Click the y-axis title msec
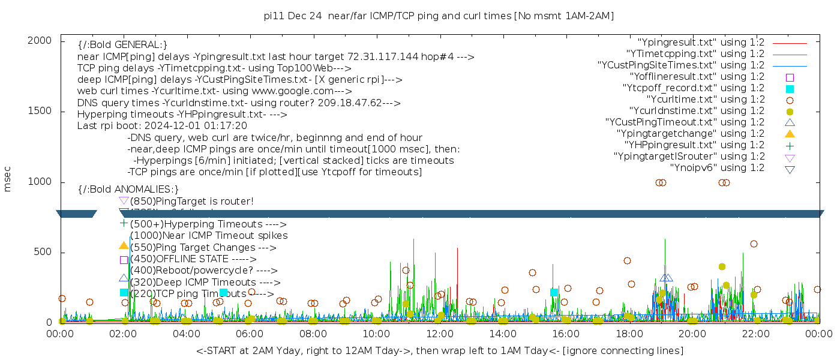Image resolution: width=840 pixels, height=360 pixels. [8, 179]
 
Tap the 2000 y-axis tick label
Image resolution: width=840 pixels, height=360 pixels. [44, 41]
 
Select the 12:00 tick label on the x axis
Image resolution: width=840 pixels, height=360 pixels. [440, 333]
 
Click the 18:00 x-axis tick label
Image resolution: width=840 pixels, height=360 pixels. [629, 333]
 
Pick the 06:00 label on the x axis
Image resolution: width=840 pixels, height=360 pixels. [250, 333]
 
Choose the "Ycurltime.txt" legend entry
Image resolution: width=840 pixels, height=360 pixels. [706, 100]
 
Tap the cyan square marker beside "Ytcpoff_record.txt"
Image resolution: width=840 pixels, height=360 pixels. [790, 89]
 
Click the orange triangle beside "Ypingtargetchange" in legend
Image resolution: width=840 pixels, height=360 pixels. [790, 134]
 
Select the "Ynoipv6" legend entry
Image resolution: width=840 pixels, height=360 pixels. [717, 168]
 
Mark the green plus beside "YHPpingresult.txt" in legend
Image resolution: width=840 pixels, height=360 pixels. [790, 145]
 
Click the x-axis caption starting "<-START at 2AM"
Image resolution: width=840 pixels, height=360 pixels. [439, 350]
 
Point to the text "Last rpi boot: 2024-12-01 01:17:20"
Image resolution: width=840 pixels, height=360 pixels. [162, 126]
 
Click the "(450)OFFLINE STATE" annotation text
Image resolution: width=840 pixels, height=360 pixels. [189, 259]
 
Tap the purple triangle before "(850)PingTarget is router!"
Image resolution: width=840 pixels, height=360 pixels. [124, 201]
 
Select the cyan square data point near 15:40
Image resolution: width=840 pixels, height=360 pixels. [554, 293]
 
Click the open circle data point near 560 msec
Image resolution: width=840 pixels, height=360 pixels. [754, 244]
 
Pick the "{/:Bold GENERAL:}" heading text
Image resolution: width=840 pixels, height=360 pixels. [122, 45]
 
